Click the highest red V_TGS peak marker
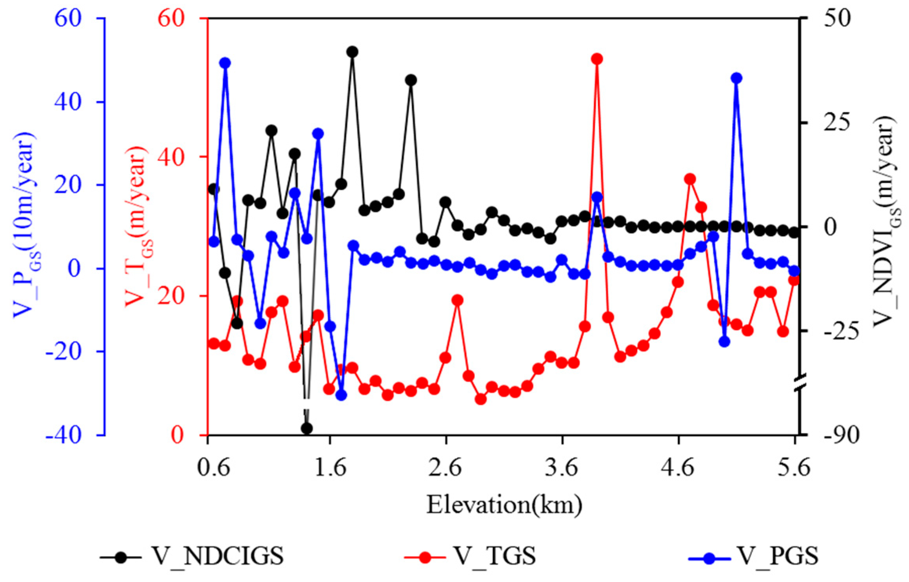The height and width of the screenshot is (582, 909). (x=597, y=59)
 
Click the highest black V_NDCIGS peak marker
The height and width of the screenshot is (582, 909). (x=352, y=52)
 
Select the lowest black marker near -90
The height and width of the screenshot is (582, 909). (x=307, y=428)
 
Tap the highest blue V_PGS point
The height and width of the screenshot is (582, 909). (x=225, y=63)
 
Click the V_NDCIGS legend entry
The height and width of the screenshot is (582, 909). (x=192, y=556)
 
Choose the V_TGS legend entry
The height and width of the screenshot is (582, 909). (x=471, y=556)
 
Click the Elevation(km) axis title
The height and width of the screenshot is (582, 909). (x=504, y=505)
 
